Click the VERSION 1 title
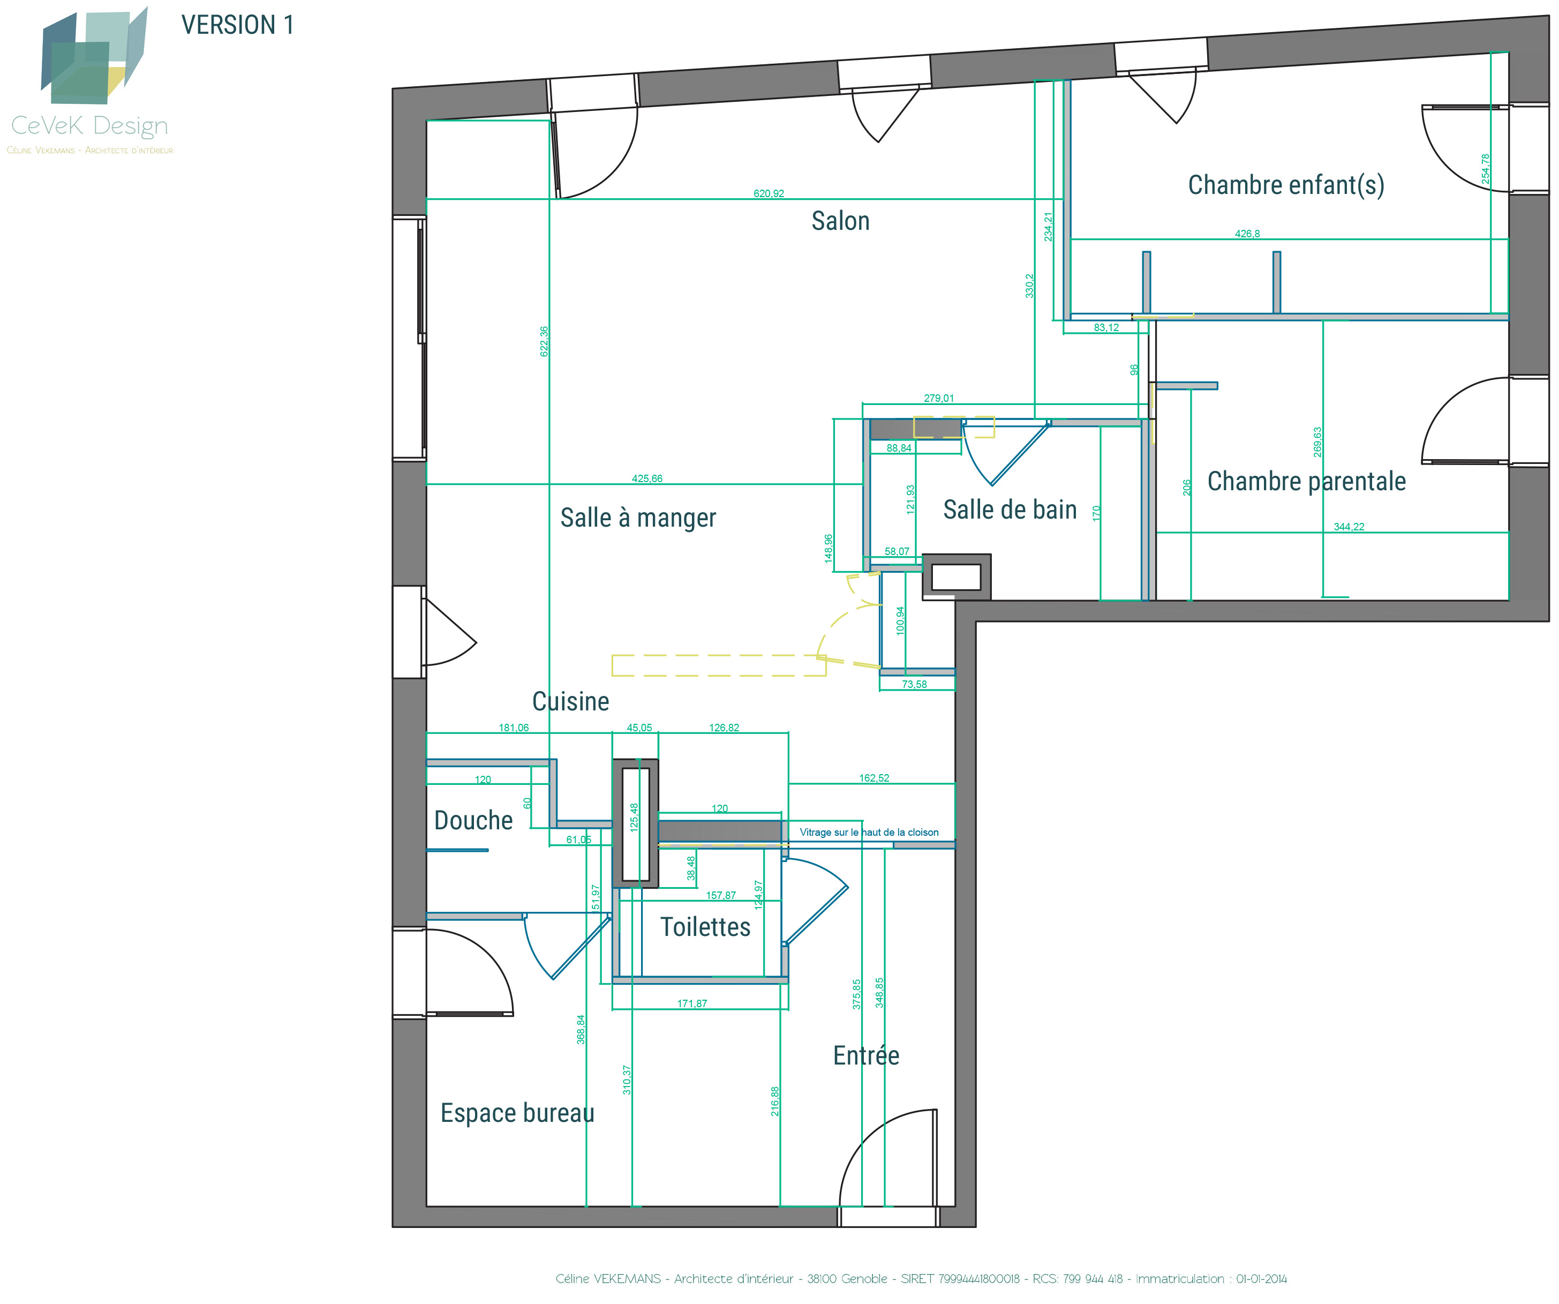[238, 25]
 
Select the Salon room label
[840, 221]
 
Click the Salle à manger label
[638, 518]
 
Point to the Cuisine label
[571, 701]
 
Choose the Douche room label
[473, 821]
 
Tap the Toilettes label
[705, 927]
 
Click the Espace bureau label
[517, 1113]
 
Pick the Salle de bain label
[1010, 509]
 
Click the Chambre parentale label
[1307, 481]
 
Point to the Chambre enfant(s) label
[1286, 185]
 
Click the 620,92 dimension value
[769, 194]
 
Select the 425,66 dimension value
[647, 479]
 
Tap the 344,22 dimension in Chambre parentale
[1349, 527]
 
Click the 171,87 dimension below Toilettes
[692, 1004]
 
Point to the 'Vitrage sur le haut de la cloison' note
[869, 833]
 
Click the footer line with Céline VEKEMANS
[921, 1279]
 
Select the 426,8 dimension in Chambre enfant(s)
[1247, 234]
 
